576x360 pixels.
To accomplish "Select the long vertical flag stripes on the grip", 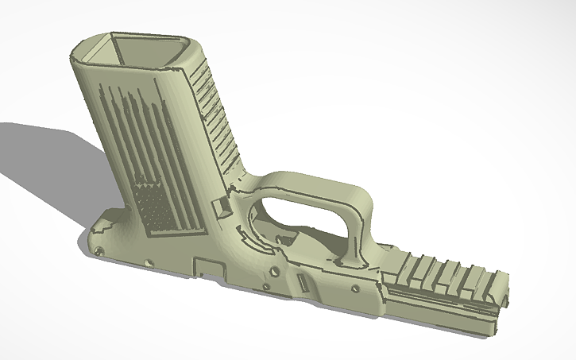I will coord(131,135).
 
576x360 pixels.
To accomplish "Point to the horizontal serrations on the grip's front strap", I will coord(213,111).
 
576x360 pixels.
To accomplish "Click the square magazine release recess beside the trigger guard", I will coord(223,206).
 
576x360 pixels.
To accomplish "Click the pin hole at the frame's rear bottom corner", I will coord(99,251).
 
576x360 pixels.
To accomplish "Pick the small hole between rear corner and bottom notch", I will coord(145,262).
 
